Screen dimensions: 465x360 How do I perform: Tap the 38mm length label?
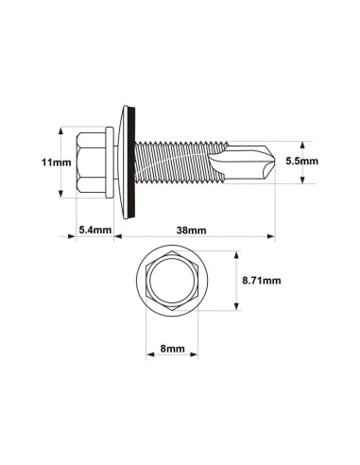click(191, 230)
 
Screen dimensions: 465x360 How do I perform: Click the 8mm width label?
click(172, 349)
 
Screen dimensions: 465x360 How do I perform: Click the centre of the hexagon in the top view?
click(172, 282)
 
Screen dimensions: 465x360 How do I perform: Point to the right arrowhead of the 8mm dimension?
click(196, 357)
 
